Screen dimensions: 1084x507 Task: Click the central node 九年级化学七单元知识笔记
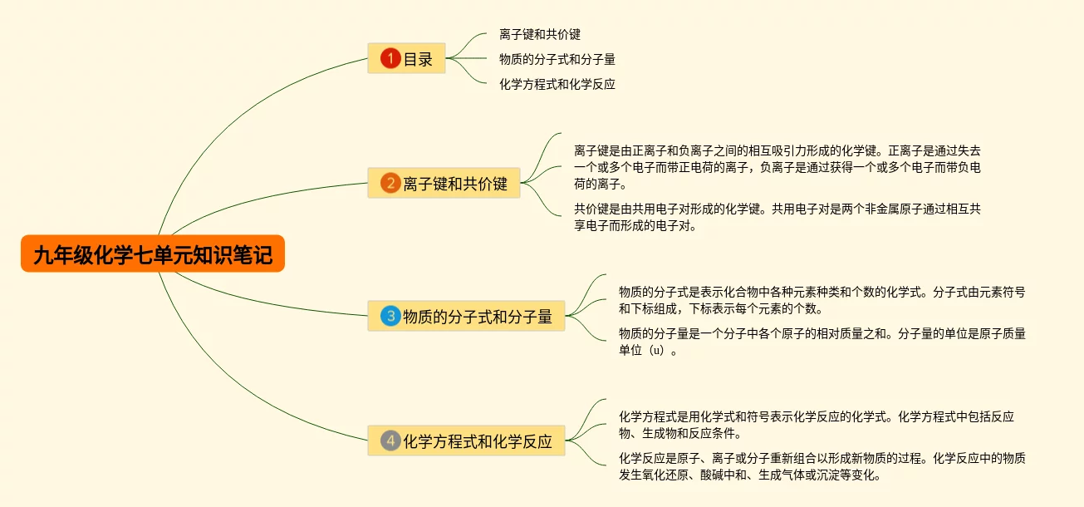pyautogui.click(x=153, y=253)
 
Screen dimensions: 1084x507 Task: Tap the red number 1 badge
pyautogui.click(x=390, y=58)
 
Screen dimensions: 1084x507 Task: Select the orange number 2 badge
pyautogui.click(x=390, y=183)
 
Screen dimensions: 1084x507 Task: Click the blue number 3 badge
pyautogui.click(x=390, y=316)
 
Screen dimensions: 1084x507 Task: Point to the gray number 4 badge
pyautogui.click(x=390, y=441)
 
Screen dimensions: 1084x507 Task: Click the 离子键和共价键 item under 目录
pyautogui.click(x=540, y=34)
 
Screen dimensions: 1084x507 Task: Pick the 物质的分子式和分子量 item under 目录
pyautogui.click(x=557, y=59)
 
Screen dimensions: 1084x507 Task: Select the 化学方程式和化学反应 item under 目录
pyautogui.click(x=557, y=84)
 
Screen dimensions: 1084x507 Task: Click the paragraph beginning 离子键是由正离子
pyautogui.click(x=777, y=167)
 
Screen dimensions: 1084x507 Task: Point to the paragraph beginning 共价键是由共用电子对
pyautogui.click(x=777, y=217)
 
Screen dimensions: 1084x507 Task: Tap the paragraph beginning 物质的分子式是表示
pyautogui.click(x=821, y=300)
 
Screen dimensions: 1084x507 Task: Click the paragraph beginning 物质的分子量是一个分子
pyautogui.click(x=821, y=342)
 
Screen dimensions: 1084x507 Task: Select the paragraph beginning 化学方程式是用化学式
pyautogui.click(x=816, y=425)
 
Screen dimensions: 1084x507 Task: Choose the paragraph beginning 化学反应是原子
pyautogui.click(x=821, y=466)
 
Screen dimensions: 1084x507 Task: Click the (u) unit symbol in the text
pyautogui.click(x=657, y=351)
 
